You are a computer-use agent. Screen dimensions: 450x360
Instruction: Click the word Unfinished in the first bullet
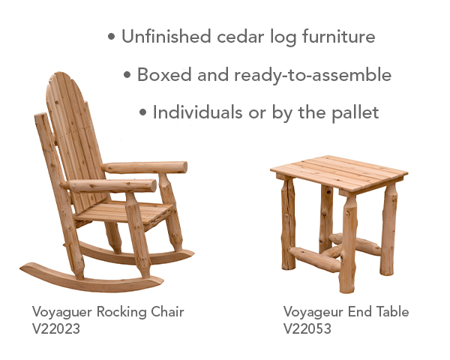pos(166,37)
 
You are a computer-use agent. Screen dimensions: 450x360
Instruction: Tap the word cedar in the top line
pos(240,37)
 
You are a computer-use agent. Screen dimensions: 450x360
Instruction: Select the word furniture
pos(339,37)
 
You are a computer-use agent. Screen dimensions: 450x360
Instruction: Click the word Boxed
pos(164,75)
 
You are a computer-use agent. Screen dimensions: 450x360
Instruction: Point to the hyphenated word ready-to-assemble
pos(313,75)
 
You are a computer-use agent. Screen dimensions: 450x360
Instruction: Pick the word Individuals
pos(197,112)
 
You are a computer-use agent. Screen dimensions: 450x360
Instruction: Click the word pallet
pos(355,112)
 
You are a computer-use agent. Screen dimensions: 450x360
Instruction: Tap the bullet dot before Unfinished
pos(111,37)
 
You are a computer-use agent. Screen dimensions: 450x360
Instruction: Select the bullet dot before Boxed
pos(127,75)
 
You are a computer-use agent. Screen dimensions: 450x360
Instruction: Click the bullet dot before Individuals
pos(142,112)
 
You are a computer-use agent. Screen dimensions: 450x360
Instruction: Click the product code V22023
pos(56,328)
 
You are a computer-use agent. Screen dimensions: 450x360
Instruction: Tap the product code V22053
pos(307,328)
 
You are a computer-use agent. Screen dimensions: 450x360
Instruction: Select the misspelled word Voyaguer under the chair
pos(62,312)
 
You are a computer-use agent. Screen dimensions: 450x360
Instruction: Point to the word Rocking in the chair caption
pos(121,312)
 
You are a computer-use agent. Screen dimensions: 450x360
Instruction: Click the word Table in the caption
pos(393,312)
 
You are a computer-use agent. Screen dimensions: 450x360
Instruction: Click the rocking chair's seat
pos(124,212)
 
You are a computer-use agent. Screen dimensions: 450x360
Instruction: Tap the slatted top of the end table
pos(339,173)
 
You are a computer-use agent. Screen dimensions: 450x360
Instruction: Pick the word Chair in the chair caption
pos(167,312)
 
